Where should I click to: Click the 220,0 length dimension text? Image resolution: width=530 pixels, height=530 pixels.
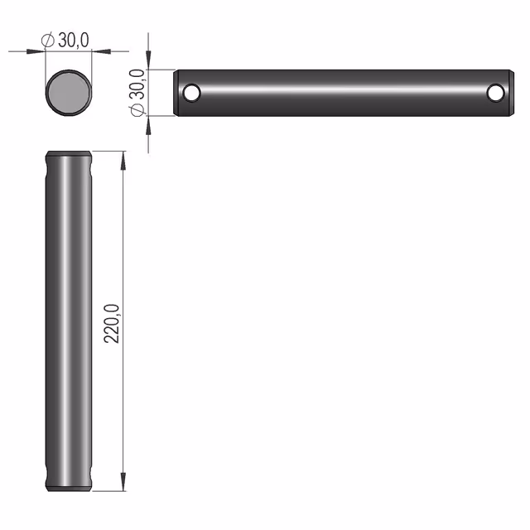tap(112, 324)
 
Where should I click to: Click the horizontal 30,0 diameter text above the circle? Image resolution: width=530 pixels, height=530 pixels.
tap(74, 41)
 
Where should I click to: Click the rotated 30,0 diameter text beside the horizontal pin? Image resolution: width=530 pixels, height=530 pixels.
tap(137, 84)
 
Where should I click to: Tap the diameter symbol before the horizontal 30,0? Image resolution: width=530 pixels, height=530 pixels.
tap(48, 41)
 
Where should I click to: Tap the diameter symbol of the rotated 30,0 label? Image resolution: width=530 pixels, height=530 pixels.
tap(137, 109)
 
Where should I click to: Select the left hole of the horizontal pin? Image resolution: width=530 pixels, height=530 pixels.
tap(191, 92)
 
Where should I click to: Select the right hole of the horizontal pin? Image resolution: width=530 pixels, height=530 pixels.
tap(496, 93)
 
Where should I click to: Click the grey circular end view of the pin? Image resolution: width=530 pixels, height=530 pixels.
tap(69, 93)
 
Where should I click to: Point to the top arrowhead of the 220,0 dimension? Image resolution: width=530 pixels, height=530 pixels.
tap(123, 160)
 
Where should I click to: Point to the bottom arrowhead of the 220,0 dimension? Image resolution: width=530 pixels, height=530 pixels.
tap(123, 482)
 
